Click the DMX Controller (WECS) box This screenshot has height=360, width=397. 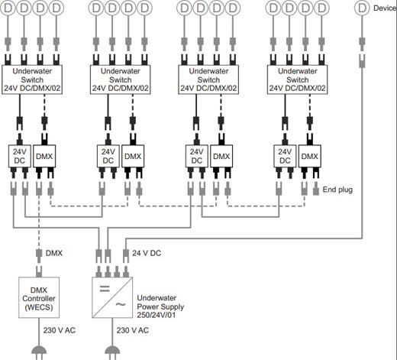[39, 297]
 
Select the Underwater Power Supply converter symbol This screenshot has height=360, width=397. [112, 297]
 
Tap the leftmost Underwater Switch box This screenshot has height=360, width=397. [32, 79]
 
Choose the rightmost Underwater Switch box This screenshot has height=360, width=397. [297, 79]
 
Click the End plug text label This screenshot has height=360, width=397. [337, 190]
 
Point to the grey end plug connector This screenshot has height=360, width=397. [316, 189]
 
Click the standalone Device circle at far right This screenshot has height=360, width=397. [362, 8]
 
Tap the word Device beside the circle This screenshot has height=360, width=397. [385, 8]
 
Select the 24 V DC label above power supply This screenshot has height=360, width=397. [147, 253]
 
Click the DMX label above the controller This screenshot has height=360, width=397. [54, 253]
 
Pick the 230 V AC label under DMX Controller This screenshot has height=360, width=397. [60, 330]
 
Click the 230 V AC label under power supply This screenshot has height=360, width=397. [133, 330]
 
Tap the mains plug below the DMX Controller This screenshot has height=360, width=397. [39, 352]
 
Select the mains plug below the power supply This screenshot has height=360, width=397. [112, 352]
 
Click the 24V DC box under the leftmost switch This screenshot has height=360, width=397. [20, 156]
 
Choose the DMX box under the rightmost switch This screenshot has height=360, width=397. [309, 156]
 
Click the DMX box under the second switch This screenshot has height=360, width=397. [133, 156]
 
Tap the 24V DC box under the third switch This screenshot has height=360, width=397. [196, 156]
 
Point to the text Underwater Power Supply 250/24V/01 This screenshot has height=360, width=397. [160, 306]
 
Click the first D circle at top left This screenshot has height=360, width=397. [8, 8]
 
